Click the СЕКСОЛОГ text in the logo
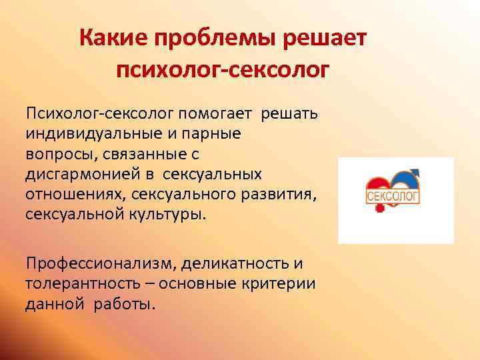(x=392, y=196)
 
